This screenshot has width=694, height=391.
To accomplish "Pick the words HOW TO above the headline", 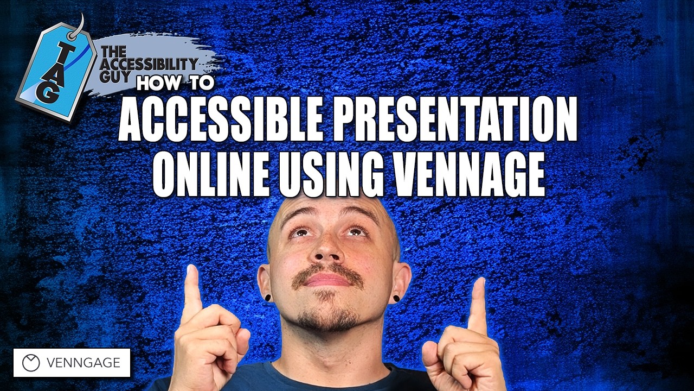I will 176,83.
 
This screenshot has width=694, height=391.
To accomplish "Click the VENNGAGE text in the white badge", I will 83,363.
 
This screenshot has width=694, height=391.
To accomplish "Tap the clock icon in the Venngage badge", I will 31,363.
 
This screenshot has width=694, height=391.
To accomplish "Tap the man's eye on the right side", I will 355,232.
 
